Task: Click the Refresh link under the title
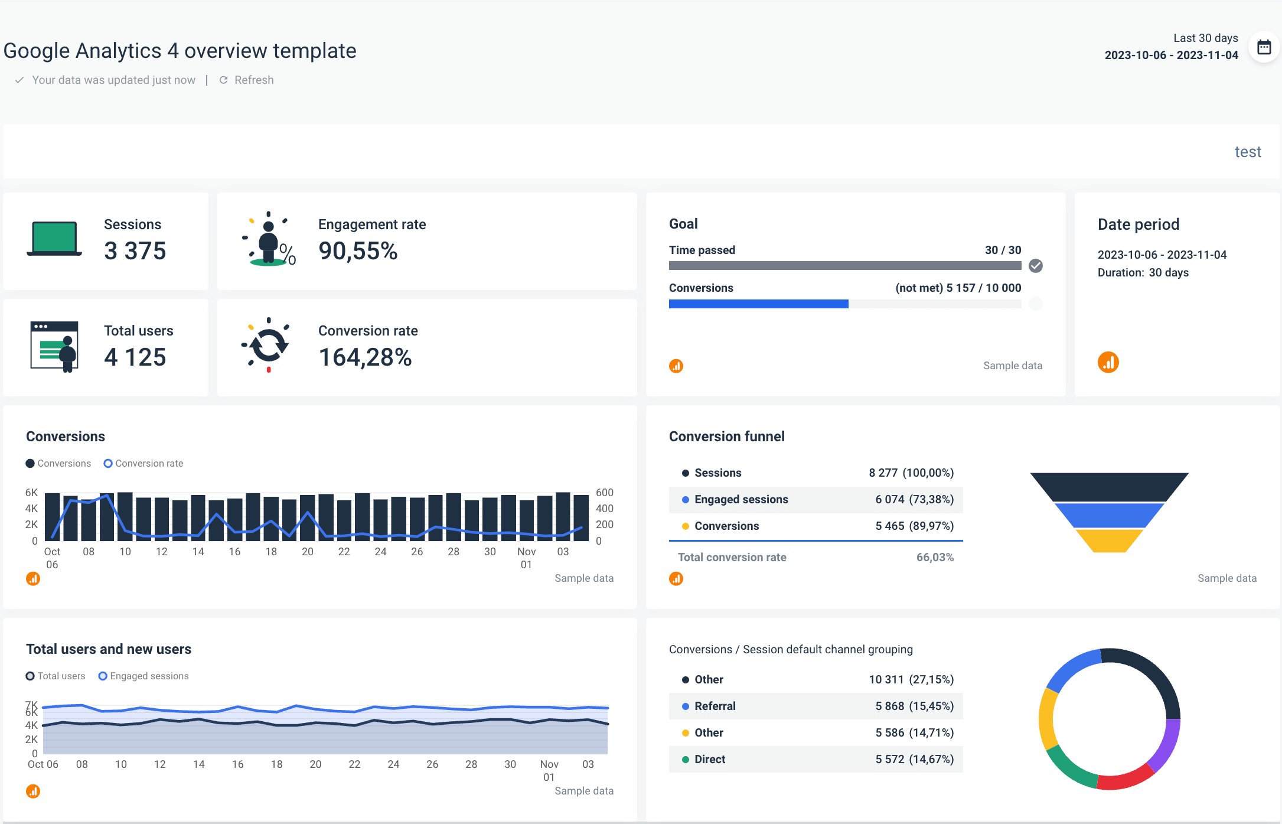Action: (247, 80)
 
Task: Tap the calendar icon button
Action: (1264, 47)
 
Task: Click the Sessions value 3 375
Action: (135, 251)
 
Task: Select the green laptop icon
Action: (54, 239)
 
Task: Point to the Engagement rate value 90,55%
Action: (358, 251)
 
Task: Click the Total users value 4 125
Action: (135, 357)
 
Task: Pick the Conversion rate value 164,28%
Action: (365, 357)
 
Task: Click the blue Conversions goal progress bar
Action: (758, 304)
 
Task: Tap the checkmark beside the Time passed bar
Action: (1035, 266)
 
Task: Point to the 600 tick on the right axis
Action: (604, 493)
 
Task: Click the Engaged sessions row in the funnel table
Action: (815, 500)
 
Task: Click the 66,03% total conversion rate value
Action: (935, 558)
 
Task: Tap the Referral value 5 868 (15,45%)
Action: (914, 706)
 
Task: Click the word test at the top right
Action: (1247, 152)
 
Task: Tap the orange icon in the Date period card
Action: (1108, 362)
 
